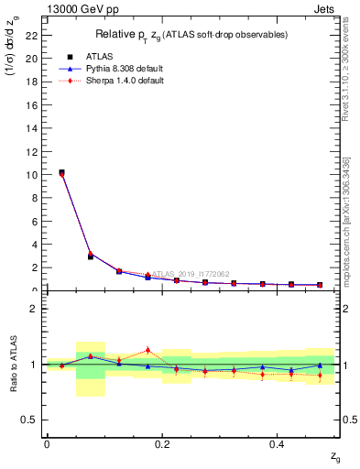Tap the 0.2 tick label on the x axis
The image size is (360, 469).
pos(161,443)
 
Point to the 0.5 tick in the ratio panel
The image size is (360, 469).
pos(29,420)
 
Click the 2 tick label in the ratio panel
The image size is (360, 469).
pos(34,309)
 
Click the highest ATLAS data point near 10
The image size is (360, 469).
pos(61,172)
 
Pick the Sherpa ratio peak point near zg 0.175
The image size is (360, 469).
pos(147,350)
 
